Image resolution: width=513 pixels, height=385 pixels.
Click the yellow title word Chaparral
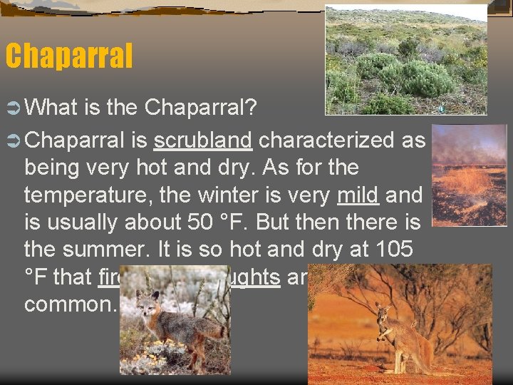68,56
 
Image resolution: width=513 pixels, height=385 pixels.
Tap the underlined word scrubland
203,140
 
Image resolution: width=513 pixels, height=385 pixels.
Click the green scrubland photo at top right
406,60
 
